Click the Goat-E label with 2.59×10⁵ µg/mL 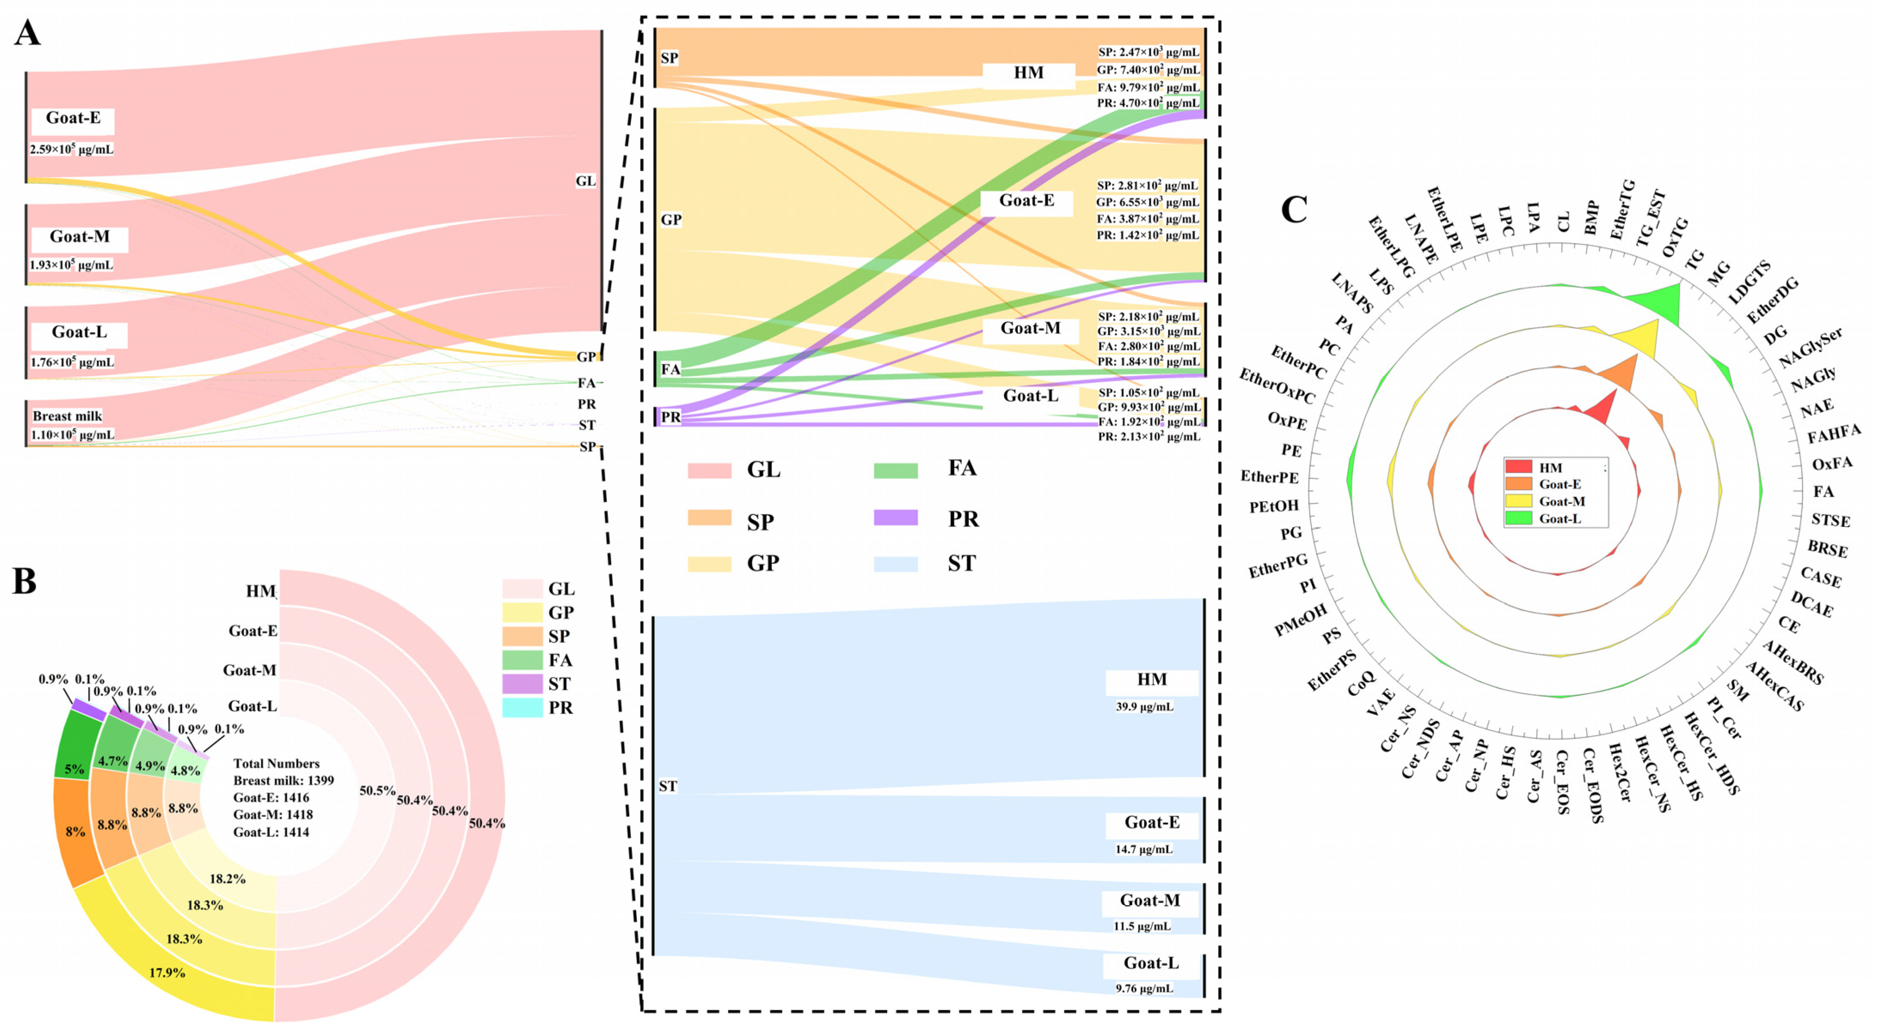tap(73, 118)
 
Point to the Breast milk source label tap(67, 416)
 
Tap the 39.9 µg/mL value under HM tap(1144, 706)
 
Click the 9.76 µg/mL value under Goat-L tap(1144, 988)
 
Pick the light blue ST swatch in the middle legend tap(895, 563)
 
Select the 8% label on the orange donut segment tap(75, 831)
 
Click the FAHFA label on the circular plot tap(1833, 434)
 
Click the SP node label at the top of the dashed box tap(669, 58)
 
